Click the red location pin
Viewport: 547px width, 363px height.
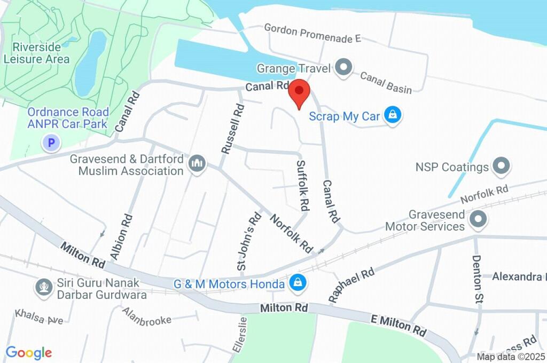pos(299,93)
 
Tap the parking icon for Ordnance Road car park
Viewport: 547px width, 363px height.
pos(51,143)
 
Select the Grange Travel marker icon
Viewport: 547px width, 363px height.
pos(345,68)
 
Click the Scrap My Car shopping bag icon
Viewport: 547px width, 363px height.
pos(393,115)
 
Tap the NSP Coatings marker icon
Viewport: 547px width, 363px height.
pos(501,167)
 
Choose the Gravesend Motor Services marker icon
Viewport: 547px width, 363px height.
pos(478,219)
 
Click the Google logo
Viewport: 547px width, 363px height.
pos(29,352)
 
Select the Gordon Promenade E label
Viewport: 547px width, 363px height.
pos(312,33)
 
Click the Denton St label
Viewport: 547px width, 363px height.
pos(477,280)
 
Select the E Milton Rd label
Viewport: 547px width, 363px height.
pos(398,325)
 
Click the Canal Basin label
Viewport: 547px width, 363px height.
pos(386,83)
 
